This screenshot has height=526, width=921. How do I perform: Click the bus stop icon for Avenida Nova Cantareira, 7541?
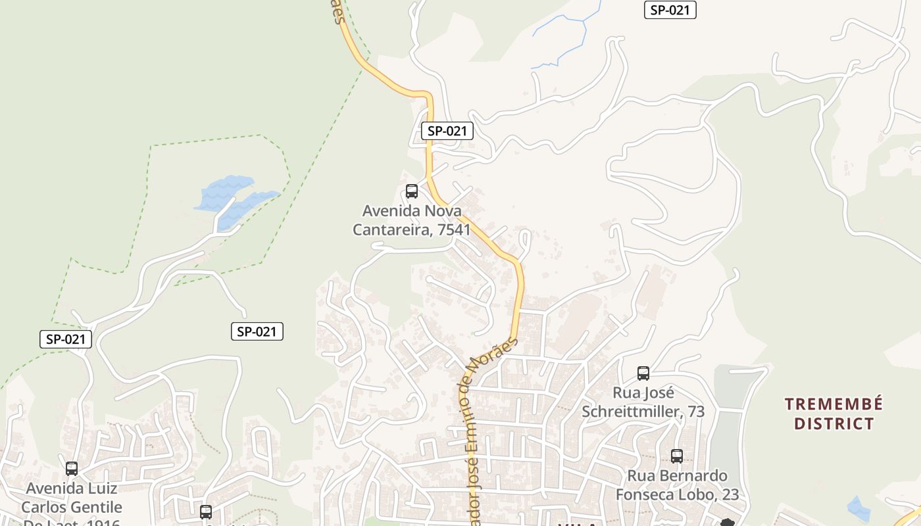(412, 191)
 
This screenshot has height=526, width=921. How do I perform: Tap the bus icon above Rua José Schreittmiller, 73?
(643, 373)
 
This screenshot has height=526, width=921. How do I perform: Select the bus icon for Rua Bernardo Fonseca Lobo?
(676, 456)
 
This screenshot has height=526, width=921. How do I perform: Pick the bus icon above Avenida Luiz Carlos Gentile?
(72, 469)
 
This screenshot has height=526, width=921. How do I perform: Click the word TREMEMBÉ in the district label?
(834, 404)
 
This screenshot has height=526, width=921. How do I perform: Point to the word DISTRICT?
(834, 423)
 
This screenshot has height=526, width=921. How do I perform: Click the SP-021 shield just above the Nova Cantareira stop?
(447, 131)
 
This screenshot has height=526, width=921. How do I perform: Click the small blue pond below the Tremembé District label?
(858, 508)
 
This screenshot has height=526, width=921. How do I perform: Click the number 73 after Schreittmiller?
(696, 412)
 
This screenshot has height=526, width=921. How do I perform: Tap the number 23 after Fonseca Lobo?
(730, 494)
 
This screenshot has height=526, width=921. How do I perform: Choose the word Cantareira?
(390, 229)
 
